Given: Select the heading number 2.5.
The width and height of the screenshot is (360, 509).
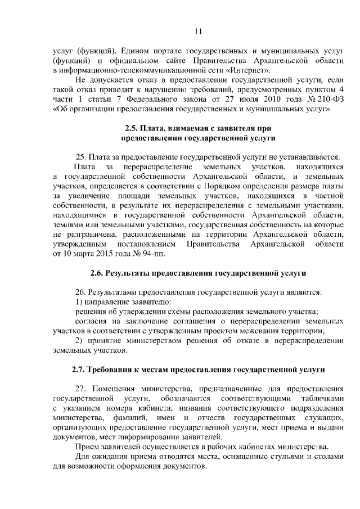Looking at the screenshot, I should coord(133,128).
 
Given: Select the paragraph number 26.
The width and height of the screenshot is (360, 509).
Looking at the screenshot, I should coord(80,292).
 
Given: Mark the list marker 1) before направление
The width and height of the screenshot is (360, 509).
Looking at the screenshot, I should coord(79,303).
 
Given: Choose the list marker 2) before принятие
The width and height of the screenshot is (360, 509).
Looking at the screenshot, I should coord(79,341).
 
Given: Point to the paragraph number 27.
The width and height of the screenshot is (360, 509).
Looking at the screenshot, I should coord(80,389).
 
